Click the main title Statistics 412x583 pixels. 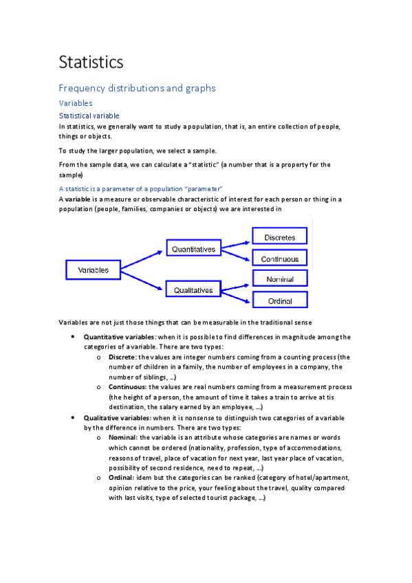[x=91, y=62]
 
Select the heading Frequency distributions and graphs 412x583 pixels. [x=137, y=88]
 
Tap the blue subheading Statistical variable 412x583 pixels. [x=89, y=115]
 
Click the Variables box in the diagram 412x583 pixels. [x=94, y=270]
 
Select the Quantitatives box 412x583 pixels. [x=193, y=249]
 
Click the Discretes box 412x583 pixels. [x=279, y=237]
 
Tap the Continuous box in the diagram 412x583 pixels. [x=279, y=259]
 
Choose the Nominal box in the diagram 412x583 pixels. [x=279, y=279]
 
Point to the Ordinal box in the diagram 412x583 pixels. [x=279, y=301]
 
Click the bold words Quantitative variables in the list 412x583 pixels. [x=120, y=337]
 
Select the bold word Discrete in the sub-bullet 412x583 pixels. [x=122, y=357]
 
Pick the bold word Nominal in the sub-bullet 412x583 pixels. [x=122, y=437]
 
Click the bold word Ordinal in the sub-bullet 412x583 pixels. [x=122, y=478]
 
